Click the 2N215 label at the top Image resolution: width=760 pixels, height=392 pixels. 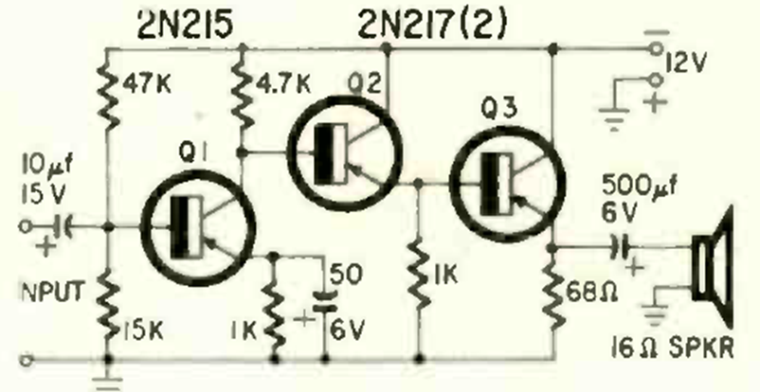(x=181, y=22)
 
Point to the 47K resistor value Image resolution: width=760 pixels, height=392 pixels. (x=145, y=82)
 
